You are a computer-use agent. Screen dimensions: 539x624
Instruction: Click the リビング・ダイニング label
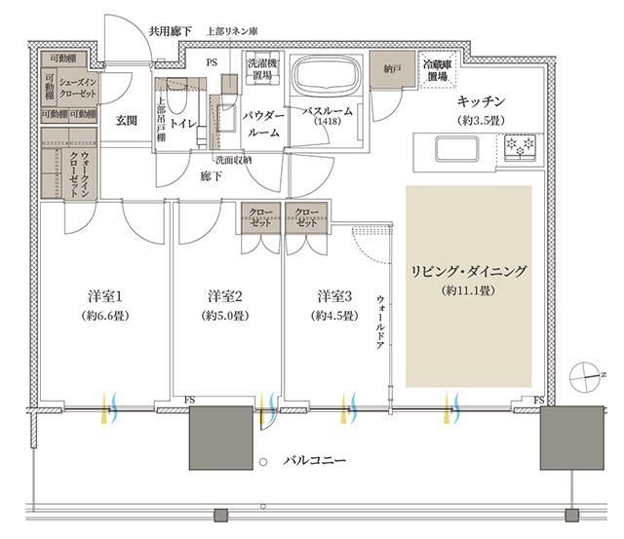tap(470, 272)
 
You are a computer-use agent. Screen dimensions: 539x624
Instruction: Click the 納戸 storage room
tap(392, 70)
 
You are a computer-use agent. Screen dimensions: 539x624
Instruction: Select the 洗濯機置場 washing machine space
tap(261, 69)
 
